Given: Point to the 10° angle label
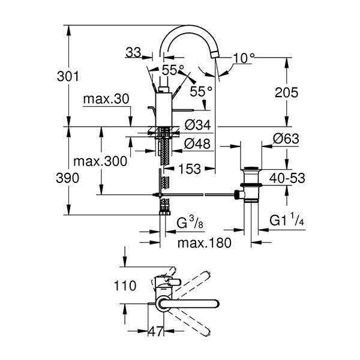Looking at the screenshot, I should (244, 58).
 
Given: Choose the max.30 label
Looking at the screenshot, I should (106, 98).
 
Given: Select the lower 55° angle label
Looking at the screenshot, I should (201, 91).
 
